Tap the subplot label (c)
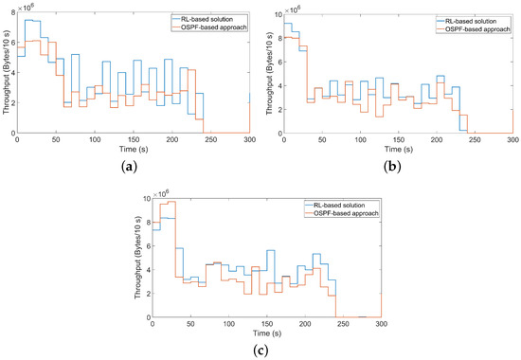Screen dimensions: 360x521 [x=260, y=350]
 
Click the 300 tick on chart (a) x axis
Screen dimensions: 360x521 [x=249, y=140]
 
